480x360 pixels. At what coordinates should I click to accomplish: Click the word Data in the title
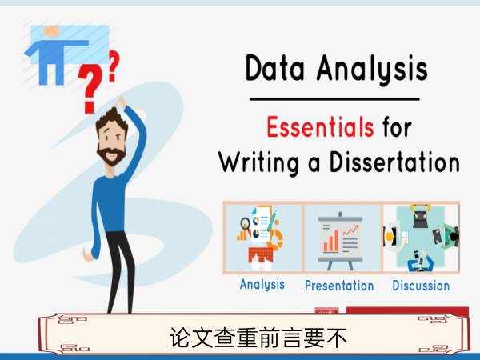(275, 68)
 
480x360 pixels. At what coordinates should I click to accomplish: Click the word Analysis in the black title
(372, 70)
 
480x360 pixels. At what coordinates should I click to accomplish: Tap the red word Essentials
(320, 126)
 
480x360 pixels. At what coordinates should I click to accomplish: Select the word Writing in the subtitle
(258, 162)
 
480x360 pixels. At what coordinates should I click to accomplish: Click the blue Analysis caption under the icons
(262, 285)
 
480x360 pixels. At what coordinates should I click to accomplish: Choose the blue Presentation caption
(339, 286)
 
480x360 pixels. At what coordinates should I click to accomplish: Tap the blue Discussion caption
(421, 286)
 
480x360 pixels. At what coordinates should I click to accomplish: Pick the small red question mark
(114, 66)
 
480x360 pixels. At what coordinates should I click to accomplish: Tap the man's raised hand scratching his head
(121, 102)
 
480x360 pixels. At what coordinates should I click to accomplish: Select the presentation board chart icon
(341, 241)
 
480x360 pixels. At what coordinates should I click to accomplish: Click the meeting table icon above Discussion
(421, 238)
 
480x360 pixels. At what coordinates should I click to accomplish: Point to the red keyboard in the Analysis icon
(261, 254)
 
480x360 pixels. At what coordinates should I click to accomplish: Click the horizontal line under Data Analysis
(334, 99)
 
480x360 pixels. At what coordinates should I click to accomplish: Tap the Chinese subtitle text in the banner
(258, 338)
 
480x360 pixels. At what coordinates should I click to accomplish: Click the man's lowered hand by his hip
(88, 254)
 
